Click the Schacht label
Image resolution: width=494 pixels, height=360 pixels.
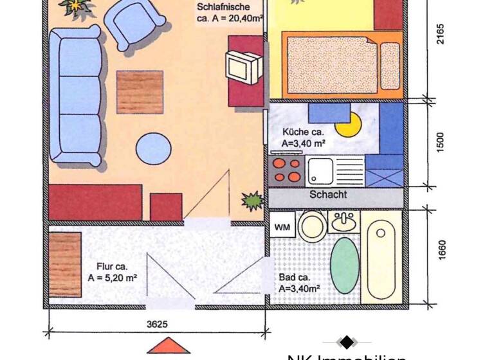(x=328, y=194)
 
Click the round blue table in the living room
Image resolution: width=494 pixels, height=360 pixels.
(x=153, y=150)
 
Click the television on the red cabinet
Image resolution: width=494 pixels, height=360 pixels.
(x=242, y=64)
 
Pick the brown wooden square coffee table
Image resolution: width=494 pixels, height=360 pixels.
(x=140, y=92)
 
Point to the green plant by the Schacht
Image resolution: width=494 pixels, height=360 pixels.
(x=252, y=201)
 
